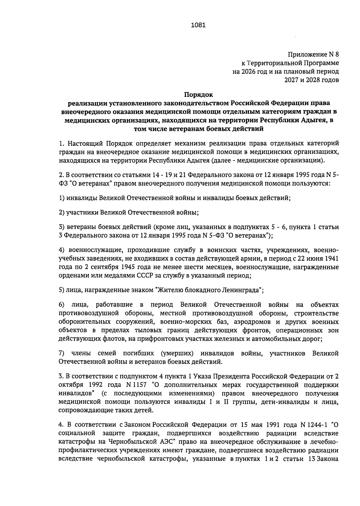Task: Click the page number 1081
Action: pos(198,25)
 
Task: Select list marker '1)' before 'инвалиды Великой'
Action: pos(62,198)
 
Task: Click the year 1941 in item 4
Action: pos(332,259)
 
